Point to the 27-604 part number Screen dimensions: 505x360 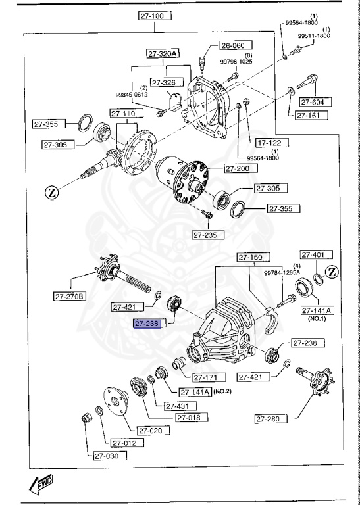pos(316,102)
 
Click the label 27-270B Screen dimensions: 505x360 pos(70,296)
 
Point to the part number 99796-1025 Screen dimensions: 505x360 pos(236,62)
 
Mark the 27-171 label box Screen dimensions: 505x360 pos(209,377)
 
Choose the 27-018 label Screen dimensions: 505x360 pos(191,418)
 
